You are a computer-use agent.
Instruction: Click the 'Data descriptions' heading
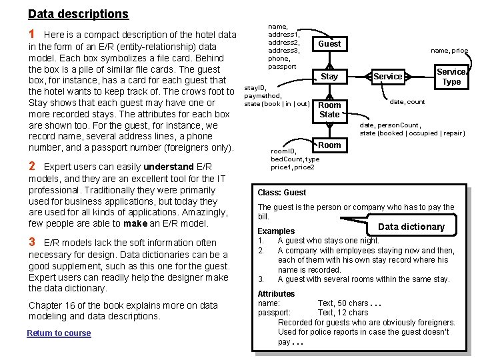[78, 14]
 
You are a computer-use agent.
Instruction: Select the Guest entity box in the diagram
[329, 44]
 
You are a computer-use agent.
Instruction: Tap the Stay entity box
[329, 77]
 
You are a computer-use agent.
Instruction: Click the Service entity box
[387, 77]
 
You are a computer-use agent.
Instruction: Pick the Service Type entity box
[451, 77]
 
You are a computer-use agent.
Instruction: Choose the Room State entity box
[329, 109]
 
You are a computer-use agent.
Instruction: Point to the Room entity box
[329, 145]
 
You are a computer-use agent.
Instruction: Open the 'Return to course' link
[59, 333]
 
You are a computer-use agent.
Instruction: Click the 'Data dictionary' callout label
[411, 227]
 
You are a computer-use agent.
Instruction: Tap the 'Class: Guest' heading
[281, 193]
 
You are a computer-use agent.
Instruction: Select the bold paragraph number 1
[32, 34]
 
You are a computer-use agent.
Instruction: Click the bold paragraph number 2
[32, 166]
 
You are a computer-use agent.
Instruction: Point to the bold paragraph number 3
[32, 242]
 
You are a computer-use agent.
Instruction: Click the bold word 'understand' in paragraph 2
[168, 167]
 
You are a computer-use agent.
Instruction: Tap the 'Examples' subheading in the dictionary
[276, 231]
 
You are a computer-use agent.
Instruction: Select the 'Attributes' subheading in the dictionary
[276, 294]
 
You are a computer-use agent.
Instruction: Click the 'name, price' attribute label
[449, 51]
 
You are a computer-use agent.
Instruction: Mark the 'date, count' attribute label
[407, 102]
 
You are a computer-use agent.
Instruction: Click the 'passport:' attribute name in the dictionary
[274, 313]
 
